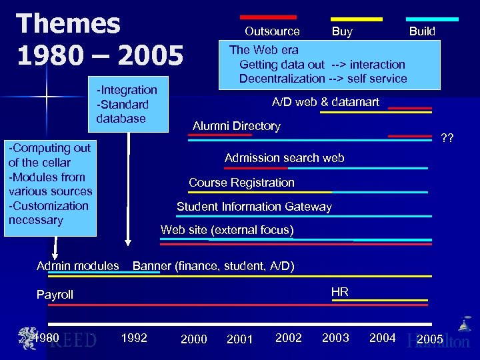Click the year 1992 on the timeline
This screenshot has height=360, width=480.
[x=134, y=338]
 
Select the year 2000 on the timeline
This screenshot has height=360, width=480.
[x=194, y=339]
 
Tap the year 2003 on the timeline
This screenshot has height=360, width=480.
[x=335, y=338]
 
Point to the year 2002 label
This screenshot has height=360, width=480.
[x=289, y=338]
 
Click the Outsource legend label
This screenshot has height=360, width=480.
[x=272, y=31]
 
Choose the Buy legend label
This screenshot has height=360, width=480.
[x=342, y=31]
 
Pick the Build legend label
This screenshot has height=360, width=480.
[x=422, y=31]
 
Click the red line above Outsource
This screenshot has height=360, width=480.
[x=268, y=17]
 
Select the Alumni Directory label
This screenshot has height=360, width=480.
[x=237, y=126]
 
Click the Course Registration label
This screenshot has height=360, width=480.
[x=241, y=183]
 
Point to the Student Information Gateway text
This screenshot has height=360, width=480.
[x=254, y=207]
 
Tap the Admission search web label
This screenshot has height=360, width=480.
[x=285, y=158]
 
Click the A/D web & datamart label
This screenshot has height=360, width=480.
[x=325, y=102]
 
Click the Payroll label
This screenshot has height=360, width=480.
[x=55, y=295]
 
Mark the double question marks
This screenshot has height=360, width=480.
[x=447, y=139]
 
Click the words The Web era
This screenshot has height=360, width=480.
[x=264, y=50]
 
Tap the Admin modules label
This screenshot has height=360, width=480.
[x=78, y=266]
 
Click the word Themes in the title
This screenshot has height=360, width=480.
[x=69, y=23]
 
